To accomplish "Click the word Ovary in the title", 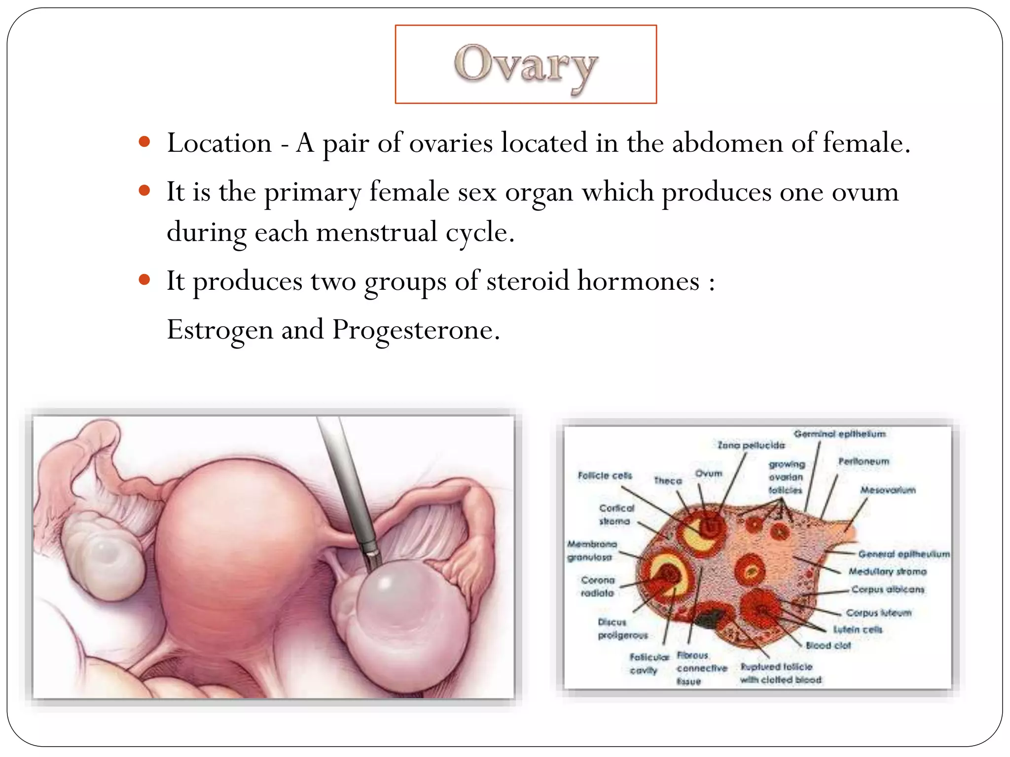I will tap(526, 66).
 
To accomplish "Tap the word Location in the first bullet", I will tap(219, 143).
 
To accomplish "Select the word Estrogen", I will tap(219, 330).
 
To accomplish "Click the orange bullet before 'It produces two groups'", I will tap(144, 280).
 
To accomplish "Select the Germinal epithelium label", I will tap(839, 434).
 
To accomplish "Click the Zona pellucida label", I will tap(751, 445).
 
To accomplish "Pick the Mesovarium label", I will tap(888, 490).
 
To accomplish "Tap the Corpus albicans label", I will tap(888, 589).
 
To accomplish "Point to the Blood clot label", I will tap(828, 645).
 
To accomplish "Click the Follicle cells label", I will tap(605, 476).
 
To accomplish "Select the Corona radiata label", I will tap(598, 586).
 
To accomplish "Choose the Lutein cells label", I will tap(857, 629).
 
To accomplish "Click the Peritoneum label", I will tap(864, 461).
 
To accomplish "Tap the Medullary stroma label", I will tap(887, 572).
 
